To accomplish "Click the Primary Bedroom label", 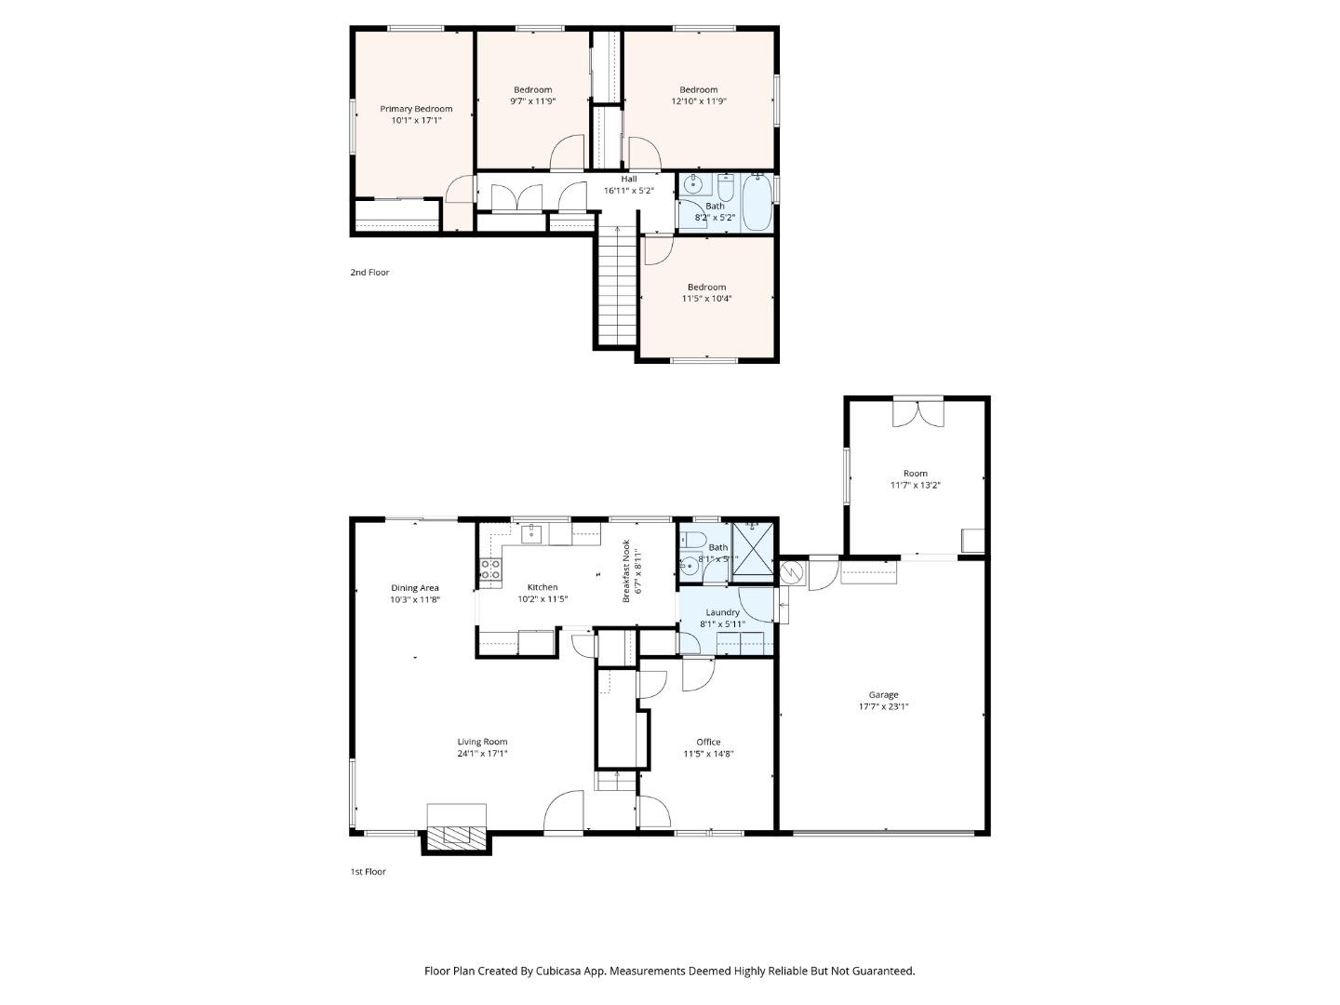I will pos(416,109).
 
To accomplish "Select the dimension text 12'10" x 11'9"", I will pos(698,101).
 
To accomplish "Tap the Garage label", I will pos(883,694).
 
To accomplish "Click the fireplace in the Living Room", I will pos(456,834).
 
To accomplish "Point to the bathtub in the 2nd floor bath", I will pos(757,203).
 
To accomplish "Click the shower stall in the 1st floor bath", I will pos(753,550).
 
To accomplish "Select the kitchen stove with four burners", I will pos(490,569).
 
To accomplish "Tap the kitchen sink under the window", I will pos(533,533).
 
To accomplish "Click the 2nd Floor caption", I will pos(369,273).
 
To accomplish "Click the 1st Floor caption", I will pos(368,872).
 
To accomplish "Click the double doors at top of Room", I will pos(918,412).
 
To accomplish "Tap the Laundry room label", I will pos(722,612).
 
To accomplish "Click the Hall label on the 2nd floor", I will pos(629,179).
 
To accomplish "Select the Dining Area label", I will pos(414,588).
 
